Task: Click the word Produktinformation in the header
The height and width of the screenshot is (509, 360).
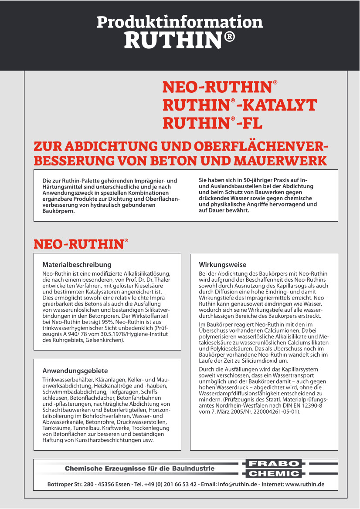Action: click(180, 21)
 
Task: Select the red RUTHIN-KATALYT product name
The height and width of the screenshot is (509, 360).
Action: click(240, 105)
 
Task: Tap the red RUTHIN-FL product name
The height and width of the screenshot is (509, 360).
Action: click(213, 124)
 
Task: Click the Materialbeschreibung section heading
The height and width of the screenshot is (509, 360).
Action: click(77, 264)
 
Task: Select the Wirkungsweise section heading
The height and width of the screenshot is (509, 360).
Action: click(223, 264)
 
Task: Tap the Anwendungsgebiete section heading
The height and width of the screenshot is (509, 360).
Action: click(75, 371)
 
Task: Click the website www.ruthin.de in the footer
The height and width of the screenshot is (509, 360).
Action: click(305, 484)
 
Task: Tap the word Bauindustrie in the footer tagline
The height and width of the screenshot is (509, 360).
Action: click(194, 469)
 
